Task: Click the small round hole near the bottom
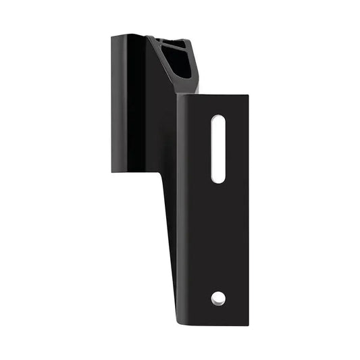tap(218, 297)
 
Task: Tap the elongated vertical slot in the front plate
tap(218, 149)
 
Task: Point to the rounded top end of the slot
tap(218, 120)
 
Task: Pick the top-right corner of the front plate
tap(248, 96)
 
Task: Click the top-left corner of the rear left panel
tap(112, 36)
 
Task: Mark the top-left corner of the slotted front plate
tap(178, 96)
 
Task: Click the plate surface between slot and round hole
tap(218, 236)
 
